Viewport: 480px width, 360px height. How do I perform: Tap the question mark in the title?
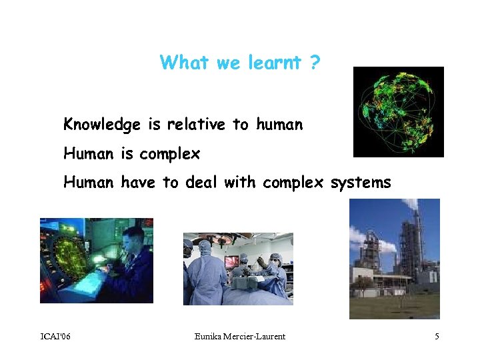click(314, 63)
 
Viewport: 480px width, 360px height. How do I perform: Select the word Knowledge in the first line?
click(101, 125)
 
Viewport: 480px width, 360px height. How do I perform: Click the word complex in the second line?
click(169, 154)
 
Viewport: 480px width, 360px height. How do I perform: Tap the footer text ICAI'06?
click(55, 337)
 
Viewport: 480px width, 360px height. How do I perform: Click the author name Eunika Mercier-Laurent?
click(240, 337)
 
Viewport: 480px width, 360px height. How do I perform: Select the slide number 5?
click(437, 337)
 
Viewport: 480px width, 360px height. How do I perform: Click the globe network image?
click(398, 112)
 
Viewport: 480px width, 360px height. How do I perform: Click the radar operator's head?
click(133, 237)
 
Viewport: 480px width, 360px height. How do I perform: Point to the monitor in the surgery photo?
click(233, 261)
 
